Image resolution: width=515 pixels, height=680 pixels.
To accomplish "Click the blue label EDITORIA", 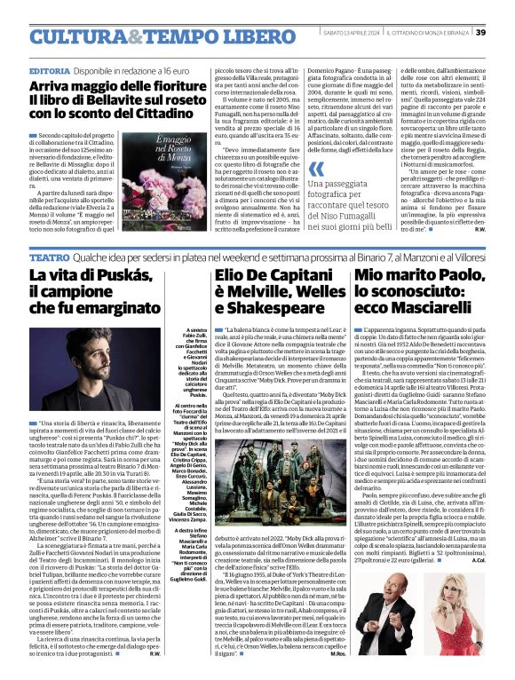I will click(51, 69).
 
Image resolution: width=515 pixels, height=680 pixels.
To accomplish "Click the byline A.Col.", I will click(478, 560).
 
